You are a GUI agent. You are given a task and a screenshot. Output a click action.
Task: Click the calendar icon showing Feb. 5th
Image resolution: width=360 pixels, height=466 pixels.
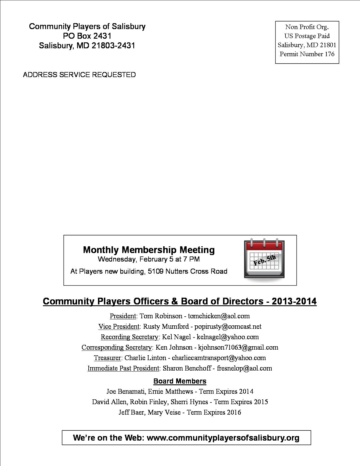(264, 259)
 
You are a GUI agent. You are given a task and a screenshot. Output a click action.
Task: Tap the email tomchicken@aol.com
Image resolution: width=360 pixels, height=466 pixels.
(219, 316)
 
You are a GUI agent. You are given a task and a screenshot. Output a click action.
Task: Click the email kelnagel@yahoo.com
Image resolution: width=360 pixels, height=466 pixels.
(228, 337)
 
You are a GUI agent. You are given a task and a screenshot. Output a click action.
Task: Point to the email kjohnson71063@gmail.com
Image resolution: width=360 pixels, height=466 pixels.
(238, 347)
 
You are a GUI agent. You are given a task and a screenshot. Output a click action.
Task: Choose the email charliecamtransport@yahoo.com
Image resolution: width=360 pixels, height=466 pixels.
(219, 358)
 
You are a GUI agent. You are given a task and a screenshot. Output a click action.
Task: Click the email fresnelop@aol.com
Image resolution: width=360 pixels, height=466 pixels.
(244, 368)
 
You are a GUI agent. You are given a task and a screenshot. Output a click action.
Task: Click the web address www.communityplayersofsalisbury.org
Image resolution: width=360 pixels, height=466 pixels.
(223, 438)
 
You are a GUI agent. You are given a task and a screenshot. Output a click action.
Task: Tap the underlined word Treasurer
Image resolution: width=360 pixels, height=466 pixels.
(107, 358)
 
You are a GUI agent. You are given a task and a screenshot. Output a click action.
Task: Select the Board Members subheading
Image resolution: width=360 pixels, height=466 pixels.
(180, 381)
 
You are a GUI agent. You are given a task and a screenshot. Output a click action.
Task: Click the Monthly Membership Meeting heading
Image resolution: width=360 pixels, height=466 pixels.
(149, 250)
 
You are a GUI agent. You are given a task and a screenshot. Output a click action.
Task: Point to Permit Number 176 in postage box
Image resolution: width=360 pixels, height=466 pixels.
(307, 54)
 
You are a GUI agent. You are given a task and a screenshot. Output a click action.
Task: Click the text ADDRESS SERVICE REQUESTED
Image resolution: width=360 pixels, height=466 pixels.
(79, 75)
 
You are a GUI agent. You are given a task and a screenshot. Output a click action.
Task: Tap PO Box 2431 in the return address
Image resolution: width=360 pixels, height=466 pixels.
(87, 36)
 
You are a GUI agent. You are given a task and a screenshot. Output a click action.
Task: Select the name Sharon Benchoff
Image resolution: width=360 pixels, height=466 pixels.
(187, 368)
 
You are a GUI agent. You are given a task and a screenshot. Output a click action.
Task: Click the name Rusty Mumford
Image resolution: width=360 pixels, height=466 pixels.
(166, 326)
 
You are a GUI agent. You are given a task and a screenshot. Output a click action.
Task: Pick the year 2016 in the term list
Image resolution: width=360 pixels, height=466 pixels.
(234, 412)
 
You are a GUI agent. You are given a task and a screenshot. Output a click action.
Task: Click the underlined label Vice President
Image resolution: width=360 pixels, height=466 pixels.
(119, 326)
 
